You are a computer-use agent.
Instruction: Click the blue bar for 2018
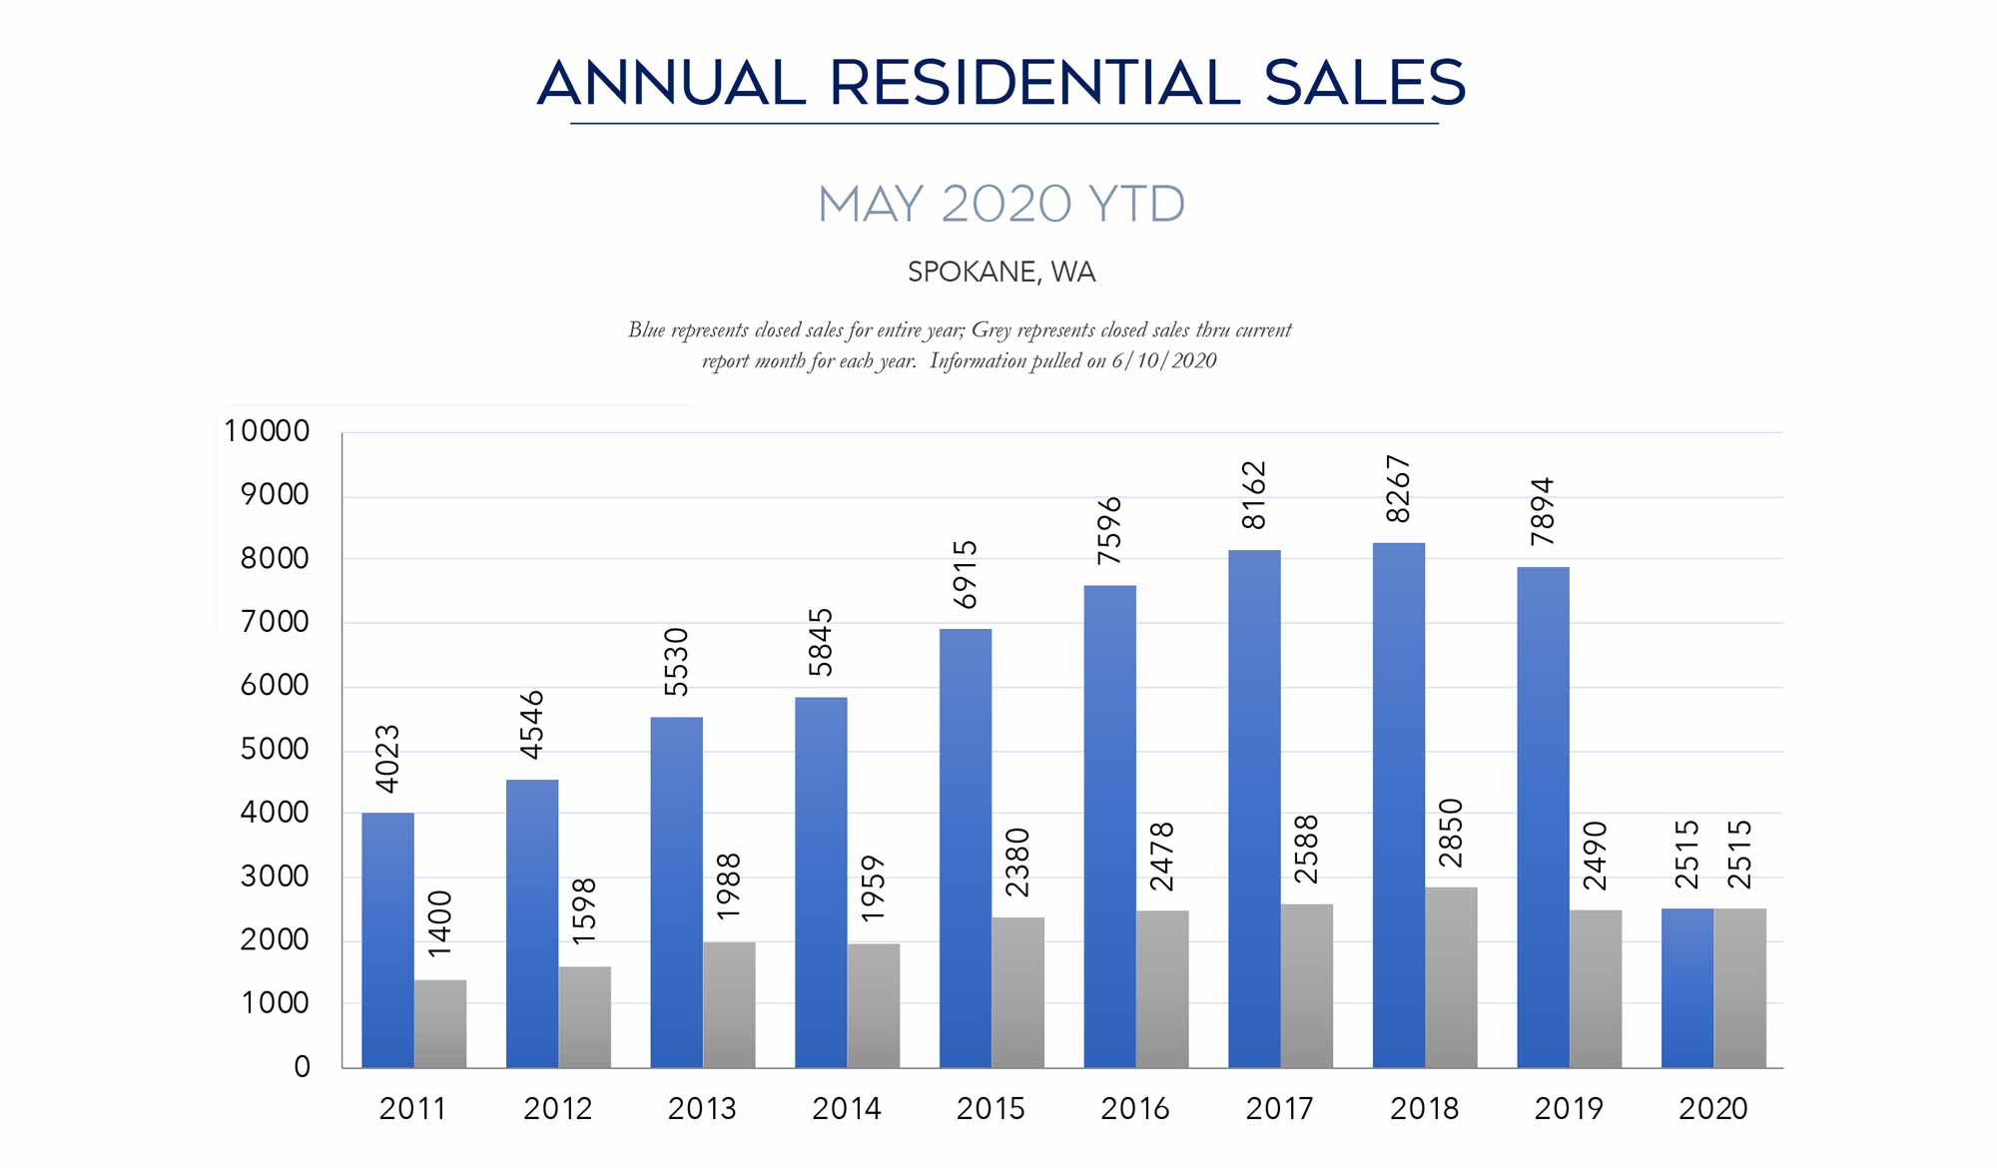pyautogui.click(x=1398, y=805)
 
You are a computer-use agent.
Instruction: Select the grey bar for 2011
pyautogui.click(x=440, y=1023)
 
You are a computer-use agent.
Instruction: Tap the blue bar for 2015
pyautogui.click(x=966, y=848)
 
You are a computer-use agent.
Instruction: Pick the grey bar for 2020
pyautogui.click(x=1740, y=987)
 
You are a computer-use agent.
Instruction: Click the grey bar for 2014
pyautogui.click(x=874, y=1005)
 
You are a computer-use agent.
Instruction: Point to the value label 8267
pyautogui.click(x=1398, y=488)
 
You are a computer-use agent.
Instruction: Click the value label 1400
pyautogui.click(x=439, y=924)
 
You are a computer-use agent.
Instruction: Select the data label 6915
pyautogui.click(x=965, y=574)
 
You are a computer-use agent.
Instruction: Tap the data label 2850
pyautogui.click(x=1451, y=833)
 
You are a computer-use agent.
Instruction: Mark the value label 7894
pyautogui.click(x=1543, y=511)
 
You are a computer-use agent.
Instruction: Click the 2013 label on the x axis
pyautogui.click(x=702, y=1108)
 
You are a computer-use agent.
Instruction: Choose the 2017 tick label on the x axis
pyautogui.click(x=1279, y=1108)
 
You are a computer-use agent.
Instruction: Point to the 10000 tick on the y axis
pyautogui.click(x=267, y=431)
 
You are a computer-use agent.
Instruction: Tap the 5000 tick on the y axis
pyautogui.click(x=275, y=750)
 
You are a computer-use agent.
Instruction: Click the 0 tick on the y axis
pyautogui.click(x=302, y=1067)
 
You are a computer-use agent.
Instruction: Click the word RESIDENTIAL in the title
pyautogui.click(x=1034, y=82)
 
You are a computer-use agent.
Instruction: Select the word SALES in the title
pyautogui.click(x=1364, y=82)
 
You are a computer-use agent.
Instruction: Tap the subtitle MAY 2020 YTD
pyautogui.click(x=1000, y=204)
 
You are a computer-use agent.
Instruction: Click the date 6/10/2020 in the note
pyautogui.click(x=1164, y=360)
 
